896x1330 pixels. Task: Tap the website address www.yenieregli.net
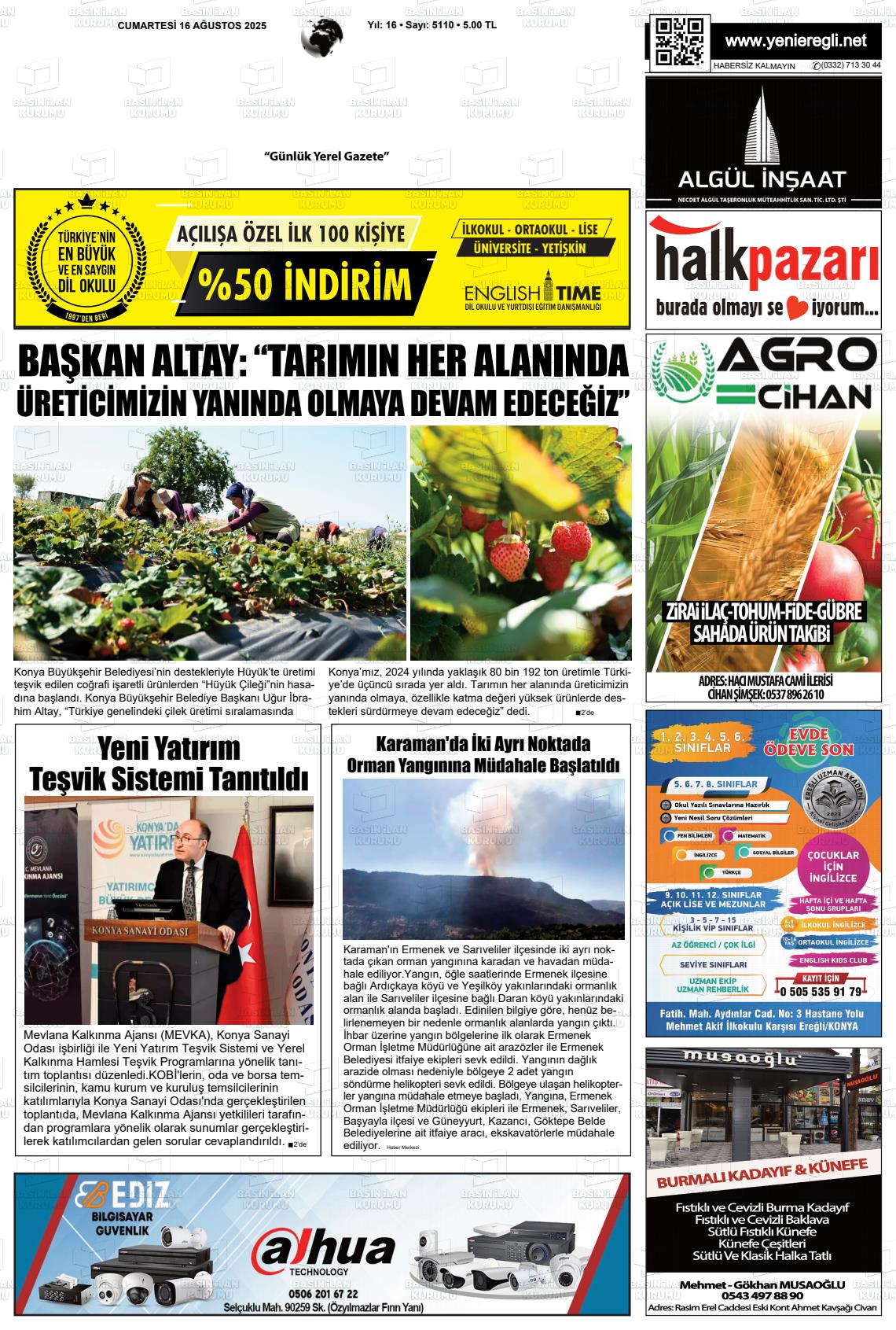795,41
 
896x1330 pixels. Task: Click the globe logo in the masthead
322,36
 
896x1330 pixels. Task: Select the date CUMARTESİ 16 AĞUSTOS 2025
192,26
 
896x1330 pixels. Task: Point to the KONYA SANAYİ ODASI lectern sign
141,931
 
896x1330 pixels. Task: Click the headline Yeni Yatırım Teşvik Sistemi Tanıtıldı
168,763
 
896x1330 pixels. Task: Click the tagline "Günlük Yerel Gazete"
326,157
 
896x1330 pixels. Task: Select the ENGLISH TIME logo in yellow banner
532,295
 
